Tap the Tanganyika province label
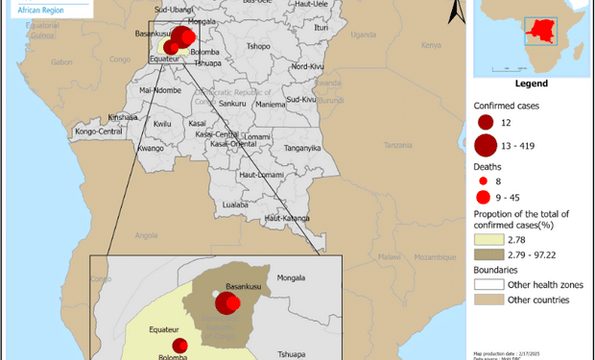301,148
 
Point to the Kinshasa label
124,116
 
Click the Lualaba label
235,204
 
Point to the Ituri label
321,28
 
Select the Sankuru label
232,103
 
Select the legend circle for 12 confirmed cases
485,123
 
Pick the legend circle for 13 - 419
486,145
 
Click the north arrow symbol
460,12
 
